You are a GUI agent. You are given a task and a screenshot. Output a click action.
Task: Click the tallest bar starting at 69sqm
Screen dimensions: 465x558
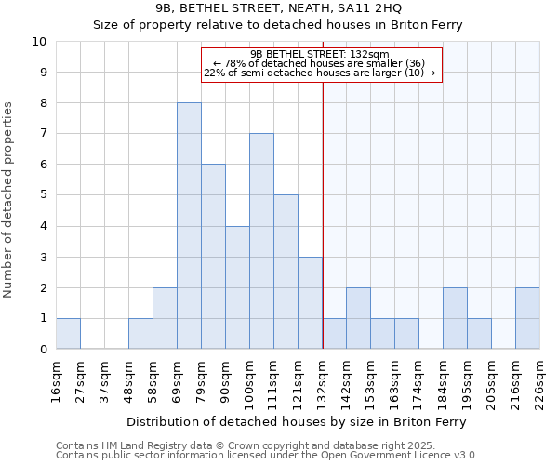[x=189, y=226]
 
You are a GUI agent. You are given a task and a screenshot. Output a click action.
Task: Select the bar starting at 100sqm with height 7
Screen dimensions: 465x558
[x=261, y=242]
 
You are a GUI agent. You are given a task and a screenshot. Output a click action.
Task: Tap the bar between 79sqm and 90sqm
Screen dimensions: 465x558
[x=213, y=257]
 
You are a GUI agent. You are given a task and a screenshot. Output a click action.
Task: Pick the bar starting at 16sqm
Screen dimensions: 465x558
[x=68, y=334]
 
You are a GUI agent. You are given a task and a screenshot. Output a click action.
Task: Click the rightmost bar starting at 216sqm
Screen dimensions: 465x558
[x=527, y=318]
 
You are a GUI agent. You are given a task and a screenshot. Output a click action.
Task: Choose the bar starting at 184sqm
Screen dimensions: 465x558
[x=455, y=318]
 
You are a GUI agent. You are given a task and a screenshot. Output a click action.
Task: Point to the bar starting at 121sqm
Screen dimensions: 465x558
[x=310, y=303]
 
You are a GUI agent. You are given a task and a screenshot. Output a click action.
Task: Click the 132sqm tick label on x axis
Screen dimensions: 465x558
[x=323, y=379]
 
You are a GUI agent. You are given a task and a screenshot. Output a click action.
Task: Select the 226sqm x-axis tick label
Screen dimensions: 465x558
[x=539, y=379]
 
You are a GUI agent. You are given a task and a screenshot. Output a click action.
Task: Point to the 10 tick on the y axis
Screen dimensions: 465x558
[x=39, y=42]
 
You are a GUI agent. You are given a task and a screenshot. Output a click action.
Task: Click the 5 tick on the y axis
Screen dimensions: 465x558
[x=43, y=195]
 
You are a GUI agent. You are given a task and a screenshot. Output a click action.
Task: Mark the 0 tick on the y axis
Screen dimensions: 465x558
[x=43, y=350]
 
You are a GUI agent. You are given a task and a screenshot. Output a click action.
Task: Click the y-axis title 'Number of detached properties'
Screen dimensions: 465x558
[x=9, y=201]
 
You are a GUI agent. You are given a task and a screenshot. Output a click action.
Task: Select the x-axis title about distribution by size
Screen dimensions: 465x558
[x=298, y=421]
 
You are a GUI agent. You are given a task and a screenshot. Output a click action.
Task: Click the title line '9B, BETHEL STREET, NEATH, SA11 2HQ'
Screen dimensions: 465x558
[x=279, y=8]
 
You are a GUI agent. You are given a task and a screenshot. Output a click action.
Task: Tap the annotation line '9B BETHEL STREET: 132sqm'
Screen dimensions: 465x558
[x=320, y=54]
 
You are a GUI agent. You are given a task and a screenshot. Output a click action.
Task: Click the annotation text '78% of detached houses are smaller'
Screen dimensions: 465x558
[x=320, y=63]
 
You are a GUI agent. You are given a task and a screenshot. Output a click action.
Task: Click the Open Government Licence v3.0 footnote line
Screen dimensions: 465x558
[x=267, y=456]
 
